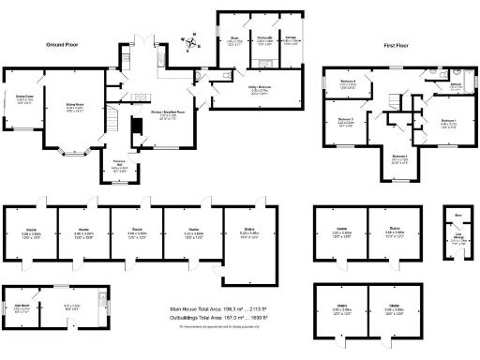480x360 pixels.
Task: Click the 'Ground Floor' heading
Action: pos(61,44)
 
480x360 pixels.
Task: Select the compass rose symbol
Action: pos(191,41)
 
